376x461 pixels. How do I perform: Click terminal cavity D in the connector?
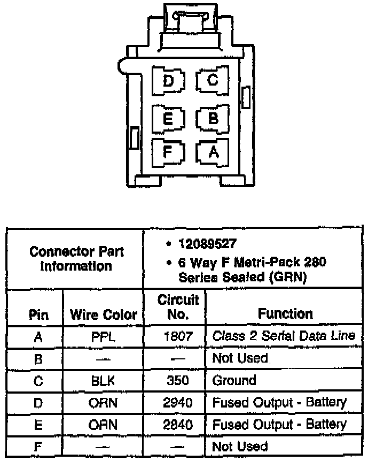point(168,81)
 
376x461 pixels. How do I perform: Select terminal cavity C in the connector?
point(213,81)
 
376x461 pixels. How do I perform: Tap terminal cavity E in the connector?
point(168,118)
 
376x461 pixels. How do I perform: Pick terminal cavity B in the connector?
point(213,118)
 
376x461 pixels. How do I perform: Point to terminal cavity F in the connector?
point(168,152)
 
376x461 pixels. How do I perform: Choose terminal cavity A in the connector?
point(213,152)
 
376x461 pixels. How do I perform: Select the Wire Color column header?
point(103,314)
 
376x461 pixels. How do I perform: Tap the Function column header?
point(285,313)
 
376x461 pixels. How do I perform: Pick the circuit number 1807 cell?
point(175,336)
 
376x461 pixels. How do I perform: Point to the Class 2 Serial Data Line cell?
point(284,336)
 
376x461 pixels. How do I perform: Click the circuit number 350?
point(175,381)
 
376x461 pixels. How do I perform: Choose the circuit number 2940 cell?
point(175,403)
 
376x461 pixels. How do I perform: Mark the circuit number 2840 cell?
point(175,425)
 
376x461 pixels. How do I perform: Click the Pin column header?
point(38,314)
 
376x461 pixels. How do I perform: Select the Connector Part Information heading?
point(76,258)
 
